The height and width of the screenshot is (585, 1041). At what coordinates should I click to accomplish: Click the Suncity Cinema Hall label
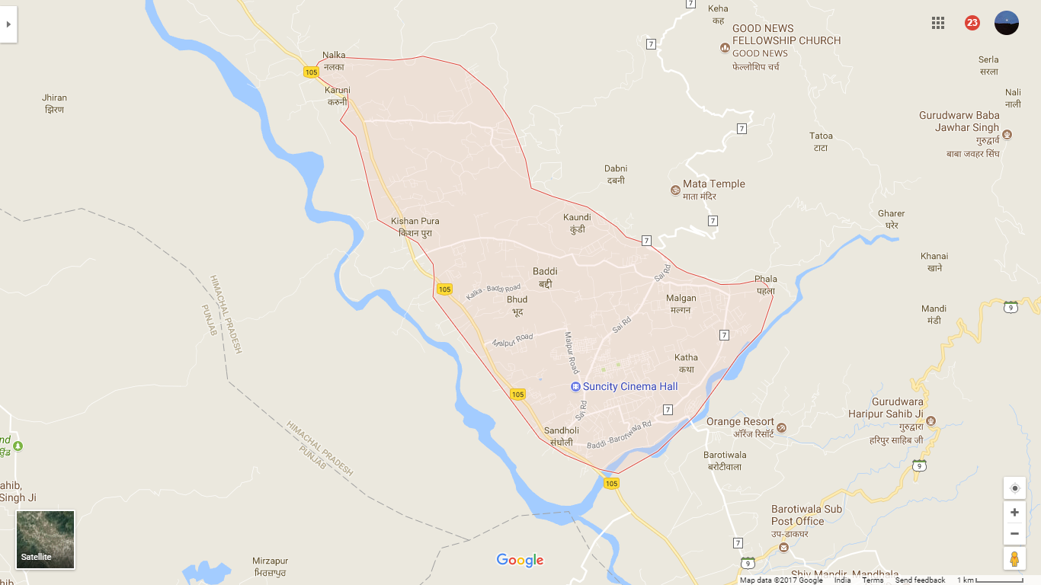click(x=629, y=387)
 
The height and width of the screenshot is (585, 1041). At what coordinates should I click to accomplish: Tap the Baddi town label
click(x=545, y=271)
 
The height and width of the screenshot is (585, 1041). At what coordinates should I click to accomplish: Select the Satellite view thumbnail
click(x=46, y=540)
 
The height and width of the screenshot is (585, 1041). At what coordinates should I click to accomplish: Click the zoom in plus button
click(x=1014, y=513)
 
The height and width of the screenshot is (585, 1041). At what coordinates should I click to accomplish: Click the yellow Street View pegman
click(x=1014, y=559)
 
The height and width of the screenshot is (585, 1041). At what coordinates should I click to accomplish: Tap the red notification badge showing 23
click(x=972, y=23)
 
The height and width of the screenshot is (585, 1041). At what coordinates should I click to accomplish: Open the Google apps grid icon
click(x=938, y=23)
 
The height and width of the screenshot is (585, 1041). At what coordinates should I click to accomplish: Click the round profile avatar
click(x=1007, y=23)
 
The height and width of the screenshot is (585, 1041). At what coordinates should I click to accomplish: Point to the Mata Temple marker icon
click(x=674, y=190)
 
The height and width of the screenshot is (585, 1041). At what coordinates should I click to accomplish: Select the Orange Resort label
click(x=740, y=422)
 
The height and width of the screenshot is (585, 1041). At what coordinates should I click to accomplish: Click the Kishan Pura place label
click(x=415, y=222)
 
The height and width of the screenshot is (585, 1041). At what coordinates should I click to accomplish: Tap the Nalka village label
click(x=334, y=56)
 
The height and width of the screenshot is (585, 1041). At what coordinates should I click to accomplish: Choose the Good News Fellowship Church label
click(x=786, y=34)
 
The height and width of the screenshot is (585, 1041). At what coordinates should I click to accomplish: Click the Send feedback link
click(x=920, y=580)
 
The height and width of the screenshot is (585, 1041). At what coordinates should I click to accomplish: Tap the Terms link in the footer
click(x=873, y=580)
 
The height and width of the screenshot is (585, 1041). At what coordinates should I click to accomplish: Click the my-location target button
click(x=1014, y=488)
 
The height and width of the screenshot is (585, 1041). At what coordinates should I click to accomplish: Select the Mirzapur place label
click(x=271, y=561)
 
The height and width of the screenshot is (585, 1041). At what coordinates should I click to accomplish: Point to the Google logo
click(x=520, y=561)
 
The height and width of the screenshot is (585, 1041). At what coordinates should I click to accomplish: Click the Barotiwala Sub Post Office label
click(x=807, y=515)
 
